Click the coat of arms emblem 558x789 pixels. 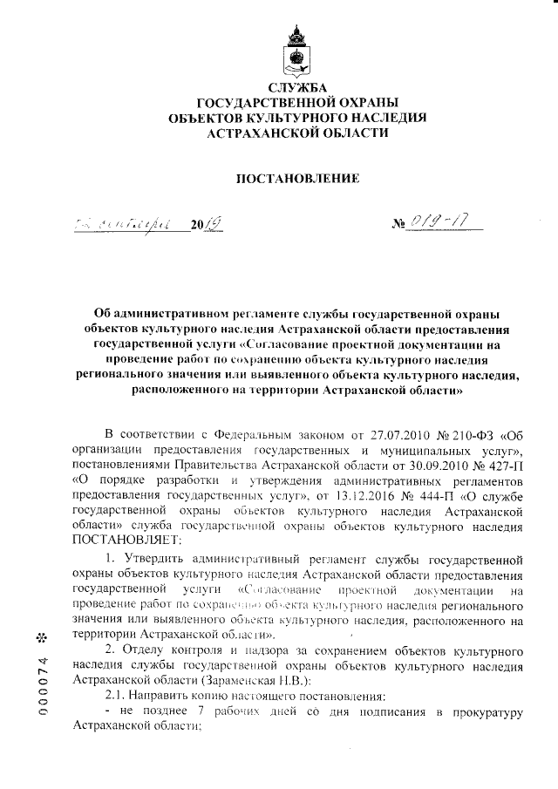(x=296, y=51)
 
